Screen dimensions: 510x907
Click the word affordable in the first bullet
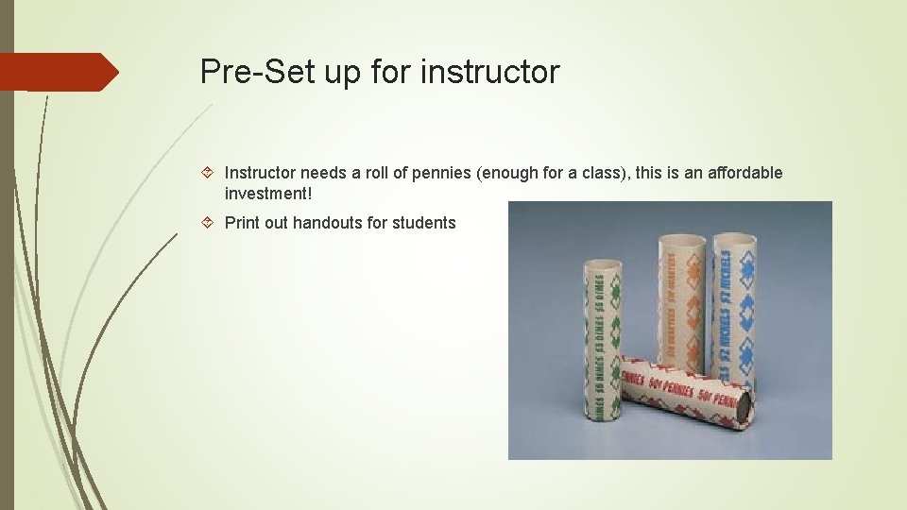click(744, 173)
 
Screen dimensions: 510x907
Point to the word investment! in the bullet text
click(267, 194)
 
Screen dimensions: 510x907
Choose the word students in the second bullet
click(424, 223)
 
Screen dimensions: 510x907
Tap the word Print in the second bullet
click(244, 223)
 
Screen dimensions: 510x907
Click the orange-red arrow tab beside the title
click(57, 72)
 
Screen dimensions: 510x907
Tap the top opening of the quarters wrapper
click(681, 239)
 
